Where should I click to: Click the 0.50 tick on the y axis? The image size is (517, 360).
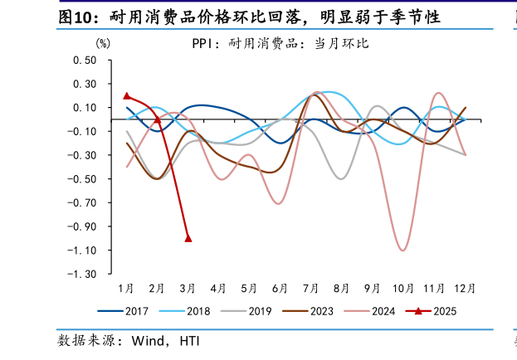(x=85, y=61)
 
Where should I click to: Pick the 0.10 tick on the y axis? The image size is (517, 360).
(x=85, y=108)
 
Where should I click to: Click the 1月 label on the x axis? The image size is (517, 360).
(x=126, y=289)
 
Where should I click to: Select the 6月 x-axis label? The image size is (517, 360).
(x=280, y=289)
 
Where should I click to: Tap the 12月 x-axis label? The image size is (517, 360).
(x=465, y=289)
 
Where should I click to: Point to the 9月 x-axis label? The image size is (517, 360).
(x=372, y=289)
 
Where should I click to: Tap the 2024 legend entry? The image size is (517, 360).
(x=383, y=311)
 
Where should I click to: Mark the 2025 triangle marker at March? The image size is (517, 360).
(x=188, y=238)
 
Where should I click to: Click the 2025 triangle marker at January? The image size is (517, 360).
(x=126, y=96)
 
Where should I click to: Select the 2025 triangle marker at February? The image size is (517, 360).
(x=158, y=119)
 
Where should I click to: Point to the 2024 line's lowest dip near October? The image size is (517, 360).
(x=403, y=250)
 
